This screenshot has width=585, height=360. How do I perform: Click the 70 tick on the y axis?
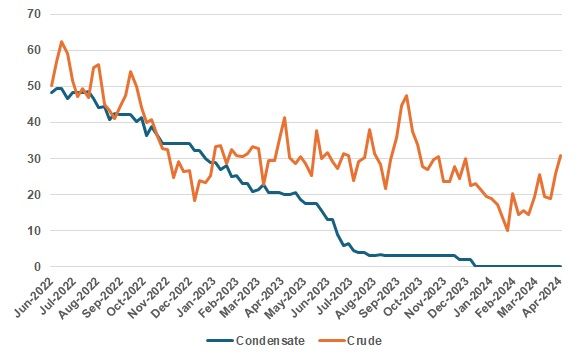tap(33, 14)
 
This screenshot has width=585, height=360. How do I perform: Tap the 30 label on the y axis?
tap(33, 158)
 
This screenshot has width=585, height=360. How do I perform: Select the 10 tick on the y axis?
tap(33, 230)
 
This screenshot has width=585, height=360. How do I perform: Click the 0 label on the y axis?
tap(36, 266)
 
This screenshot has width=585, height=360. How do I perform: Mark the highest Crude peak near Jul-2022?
tap(62, 42)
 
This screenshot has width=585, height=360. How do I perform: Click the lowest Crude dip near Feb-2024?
tap(508, 230)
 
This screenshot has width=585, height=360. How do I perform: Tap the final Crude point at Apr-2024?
tap(561, 155)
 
